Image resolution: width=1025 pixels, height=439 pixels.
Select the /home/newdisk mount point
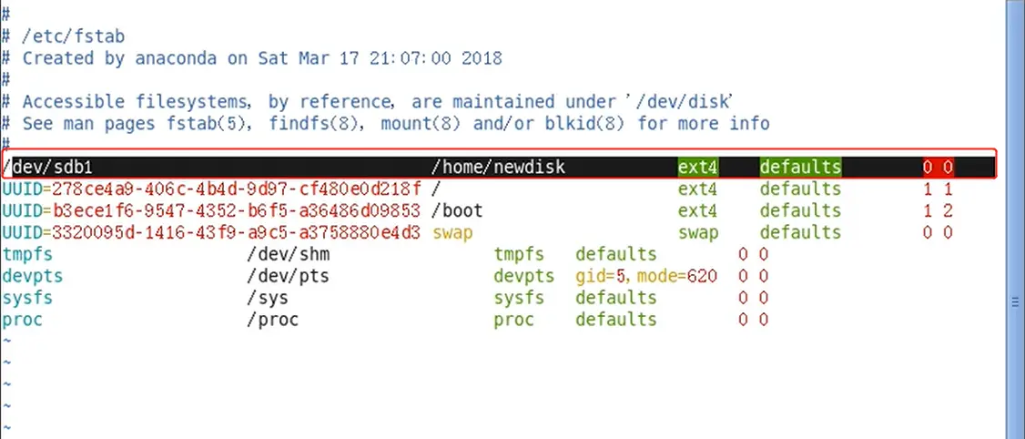point(498,168)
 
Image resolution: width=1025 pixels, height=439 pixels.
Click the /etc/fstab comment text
point(74,37)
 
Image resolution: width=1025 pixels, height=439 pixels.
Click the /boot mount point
point(457,211)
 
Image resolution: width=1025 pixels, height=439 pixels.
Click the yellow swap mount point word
point(452,232)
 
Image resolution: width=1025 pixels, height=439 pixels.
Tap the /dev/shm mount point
point(288,254)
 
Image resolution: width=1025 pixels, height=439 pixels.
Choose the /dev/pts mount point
point(288,276)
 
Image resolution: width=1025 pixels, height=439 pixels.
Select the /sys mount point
point(268,298)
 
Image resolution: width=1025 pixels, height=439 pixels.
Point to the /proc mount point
point(272,320)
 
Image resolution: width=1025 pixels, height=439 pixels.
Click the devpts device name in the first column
point(33,276)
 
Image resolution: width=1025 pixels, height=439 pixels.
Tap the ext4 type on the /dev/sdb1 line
point(697,168)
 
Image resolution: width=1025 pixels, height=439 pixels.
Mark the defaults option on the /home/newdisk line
point(800,168)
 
